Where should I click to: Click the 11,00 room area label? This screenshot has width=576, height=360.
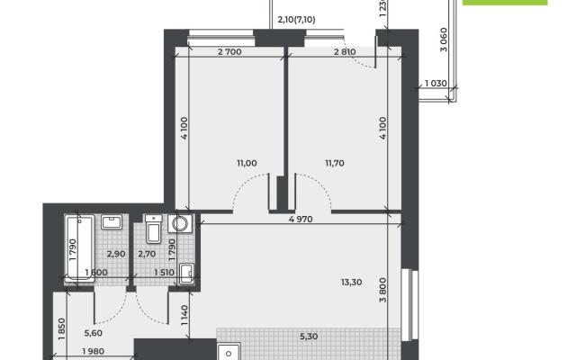(247, 163)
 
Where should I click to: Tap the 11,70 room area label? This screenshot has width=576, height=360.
(335, 163)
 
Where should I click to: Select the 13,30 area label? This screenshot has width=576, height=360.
(352, 282)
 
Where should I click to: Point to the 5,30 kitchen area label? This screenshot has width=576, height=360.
(309, 337)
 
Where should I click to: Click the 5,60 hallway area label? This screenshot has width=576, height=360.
(94, 333)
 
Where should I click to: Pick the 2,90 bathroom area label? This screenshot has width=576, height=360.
(116, 254)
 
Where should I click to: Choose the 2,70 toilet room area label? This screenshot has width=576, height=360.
(147, 254)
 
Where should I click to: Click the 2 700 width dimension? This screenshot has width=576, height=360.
(229, 52)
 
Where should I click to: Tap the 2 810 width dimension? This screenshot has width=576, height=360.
(345, 52)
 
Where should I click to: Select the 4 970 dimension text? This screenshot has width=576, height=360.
(301, 220)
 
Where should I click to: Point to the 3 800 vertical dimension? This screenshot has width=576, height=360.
(382, 290)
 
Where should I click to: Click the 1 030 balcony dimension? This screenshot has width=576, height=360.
(436, 84)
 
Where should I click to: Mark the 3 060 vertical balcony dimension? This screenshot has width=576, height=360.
(444, 40)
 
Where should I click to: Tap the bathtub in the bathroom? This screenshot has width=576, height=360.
(79, 248)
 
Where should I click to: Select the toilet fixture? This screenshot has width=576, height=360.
(154, 229)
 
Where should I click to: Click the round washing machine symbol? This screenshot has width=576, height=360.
(180, 224)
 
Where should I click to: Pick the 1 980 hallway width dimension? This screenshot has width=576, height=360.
(94, 352)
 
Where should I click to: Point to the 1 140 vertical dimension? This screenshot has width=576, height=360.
(184, 315)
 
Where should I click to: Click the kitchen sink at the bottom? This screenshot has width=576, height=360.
(229, 352)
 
